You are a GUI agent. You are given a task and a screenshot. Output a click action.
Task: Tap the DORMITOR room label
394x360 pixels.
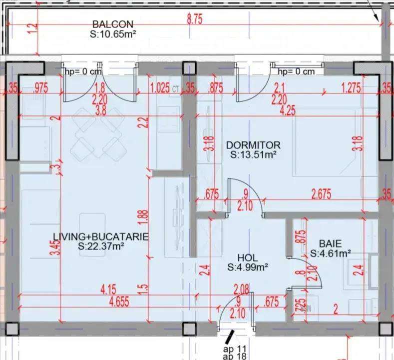253,145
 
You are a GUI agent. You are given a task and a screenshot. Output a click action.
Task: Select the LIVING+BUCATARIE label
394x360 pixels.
101,237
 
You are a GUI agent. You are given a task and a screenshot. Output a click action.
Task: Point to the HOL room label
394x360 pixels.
248,258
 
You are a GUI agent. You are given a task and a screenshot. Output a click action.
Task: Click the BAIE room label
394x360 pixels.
331,244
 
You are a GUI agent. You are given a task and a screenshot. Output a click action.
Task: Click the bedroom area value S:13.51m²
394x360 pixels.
254,155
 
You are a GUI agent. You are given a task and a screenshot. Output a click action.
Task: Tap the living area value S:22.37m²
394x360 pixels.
101,246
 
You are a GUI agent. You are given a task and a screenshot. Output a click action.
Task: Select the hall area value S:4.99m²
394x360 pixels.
248,267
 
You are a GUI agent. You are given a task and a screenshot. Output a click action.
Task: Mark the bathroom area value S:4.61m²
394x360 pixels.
331,253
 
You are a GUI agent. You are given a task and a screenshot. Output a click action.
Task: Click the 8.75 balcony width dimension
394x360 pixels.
195,19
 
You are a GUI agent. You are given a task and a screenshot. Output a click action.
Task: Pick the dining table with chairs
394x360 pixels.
98,133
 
